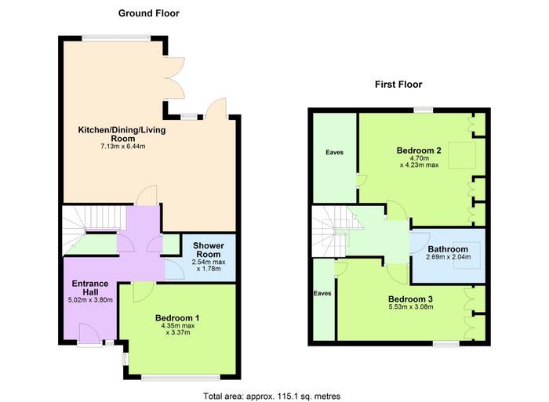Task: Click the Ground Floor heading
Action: pos(149,13)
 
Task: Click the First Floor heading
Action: pos(398,85)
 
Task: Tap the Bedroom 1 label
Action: pos(177,318)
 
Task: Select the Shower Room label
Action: pos(209,250)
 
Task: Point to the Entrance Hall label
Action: pos(90,288)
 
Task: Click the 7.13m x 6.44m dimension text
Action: pos(123,147)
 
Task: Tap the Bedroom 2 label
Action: pos(419,150)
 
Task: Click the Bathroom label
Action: pos(448,249)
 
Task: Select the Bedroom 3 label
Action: pos(410,299)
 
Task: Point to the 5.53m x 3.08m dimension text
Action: pos(411,307)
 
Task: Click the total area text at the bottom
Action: pos(271,397)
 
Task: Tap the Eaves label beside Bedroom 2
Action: pos(334,153)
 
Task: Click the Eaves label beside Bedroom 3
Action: pos(322,293)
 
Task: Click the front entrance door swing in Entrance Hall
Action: pos(90,334)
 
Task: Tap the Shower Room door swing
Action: pos(175,269)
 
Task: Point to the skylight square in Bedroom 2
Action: pos(462,155)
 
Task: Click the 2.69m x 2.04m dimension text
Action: pos(448,257)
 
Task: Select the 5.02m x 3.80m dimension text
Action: pos(90,300)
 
